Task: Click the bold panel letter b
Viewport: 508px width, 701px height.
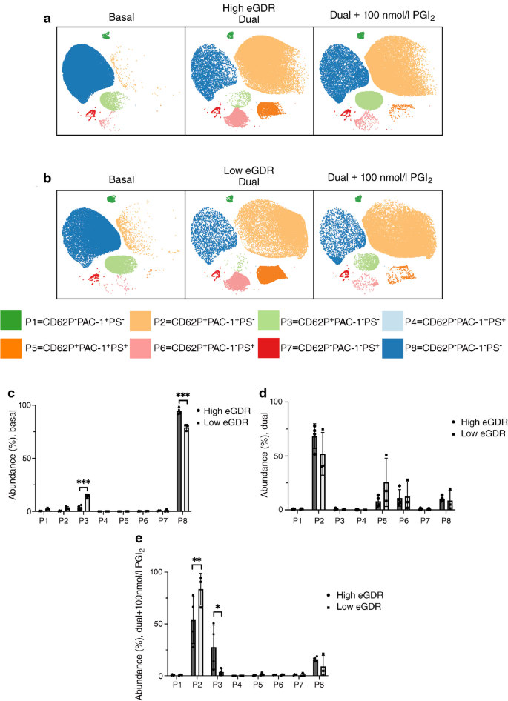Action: [47, 179]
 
